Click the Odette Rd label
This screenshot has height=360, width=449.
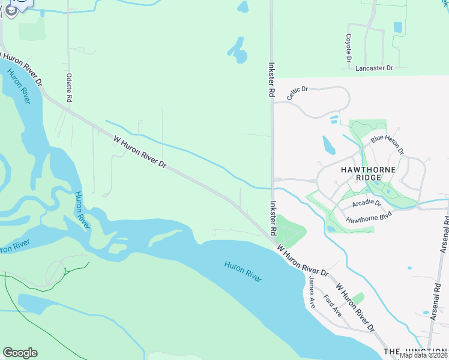point(70,88)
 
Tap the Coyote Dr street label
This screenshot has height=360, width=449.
point(348,48)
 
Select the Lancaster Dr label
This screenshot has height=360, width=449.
point(373,68)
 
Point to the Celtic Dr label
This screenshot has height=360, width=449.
point(297,94)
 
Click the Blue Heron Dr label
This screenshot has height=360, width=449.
point(387,143)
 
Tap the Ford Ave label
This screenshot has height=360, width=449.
point(332,306)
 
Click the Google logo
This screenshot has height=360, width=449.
point(20,353)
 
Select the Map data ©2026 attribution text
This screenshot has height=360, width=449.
point(424,355)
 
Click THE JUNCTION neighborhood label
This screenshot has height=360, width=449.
point(415,351)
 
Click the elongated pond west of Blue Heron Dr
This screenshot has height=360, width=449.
point(329,145)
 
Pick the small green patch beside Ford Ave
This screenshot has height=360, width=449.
point(358,298)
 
